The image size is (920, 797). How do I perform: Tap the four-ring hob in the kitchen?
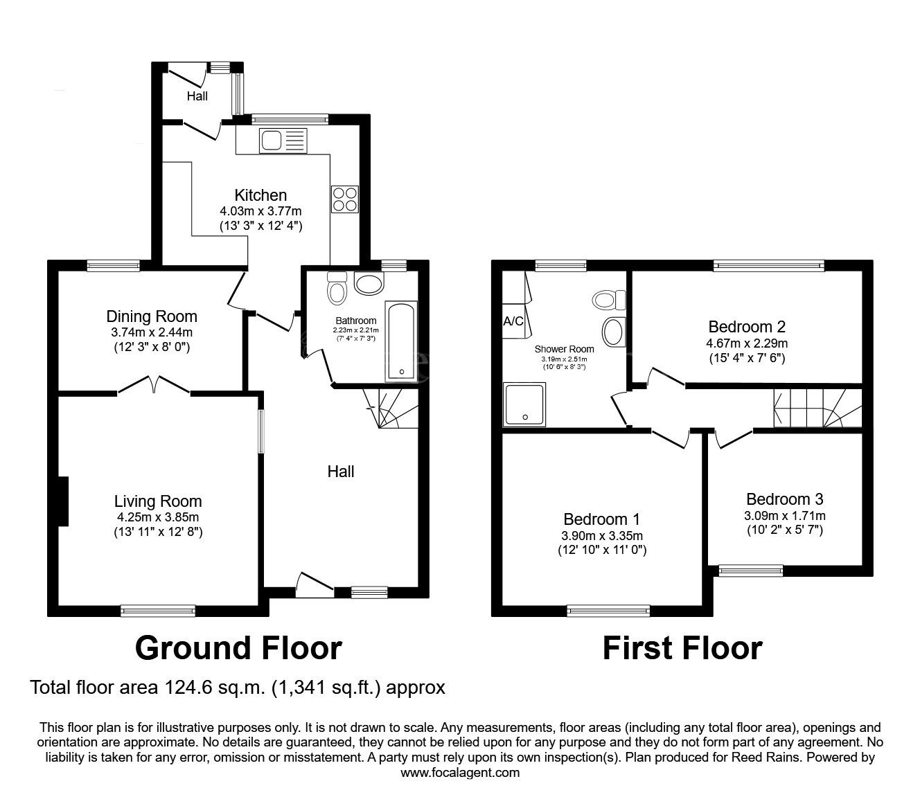coord(345,199)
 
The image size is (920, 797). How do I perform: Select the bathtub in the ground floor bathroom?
coord(402,341)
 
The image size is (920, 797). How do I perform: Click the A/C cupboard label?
coord(513,321)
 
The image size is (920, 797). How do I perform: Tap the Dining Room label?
coord(152,316)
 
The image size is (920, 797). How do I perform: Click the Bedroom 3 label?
coord(784,499)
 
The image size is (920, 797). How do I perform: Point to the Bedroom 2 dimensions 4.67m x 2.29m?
coord(747,343)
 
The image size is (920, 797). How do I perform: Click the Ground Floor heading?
coord(238,648)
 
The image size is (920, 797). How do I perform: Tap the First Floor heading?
coord(682,648)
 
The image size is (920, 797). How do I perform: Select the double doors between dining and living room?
coord(154,386)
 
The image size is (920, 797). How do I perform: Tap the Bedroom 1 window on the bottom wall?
coord(608,611)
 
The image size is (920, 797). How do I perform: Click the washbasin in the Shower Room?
coord(612,332)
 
